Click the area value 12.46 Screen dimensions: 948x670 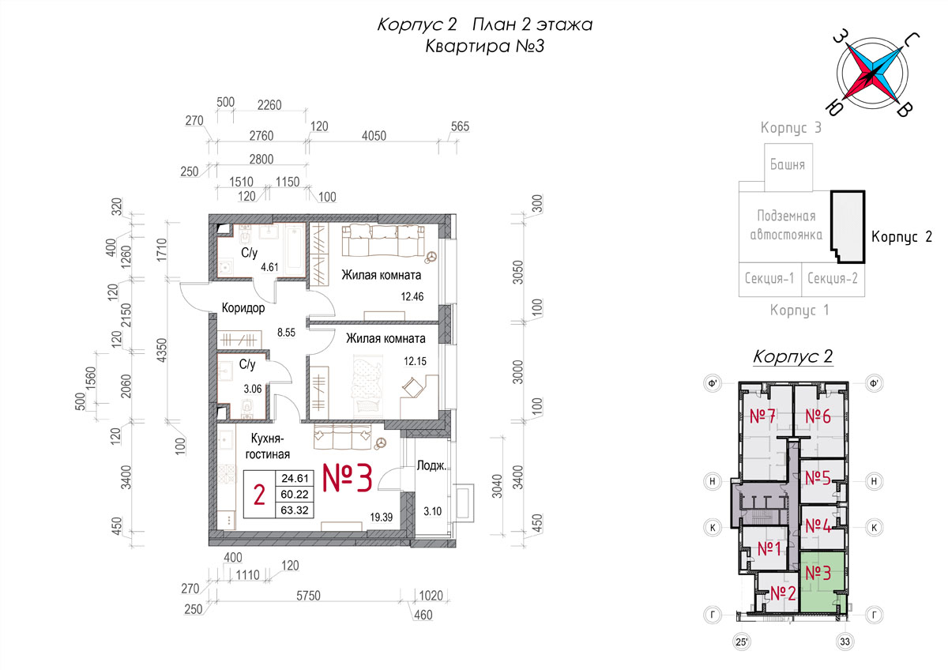tap(412, 296)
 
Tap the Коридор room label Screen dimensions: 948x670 tap(243, 307)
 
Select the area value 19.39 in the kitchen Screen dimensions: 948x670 tap(382, 517)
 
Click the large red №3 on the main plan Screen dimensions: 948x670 tap(348, 478)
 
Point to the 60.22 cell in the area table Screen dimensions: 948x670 tap(295, 494)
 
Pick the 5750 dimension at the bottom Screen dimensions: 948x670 tap(309, 596)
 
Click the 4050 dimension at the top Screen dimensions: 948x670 tap(374, 136)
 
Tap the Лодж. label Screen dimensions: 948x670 tap(431, 465)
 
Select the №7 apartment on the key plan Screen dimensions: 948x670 tap(762, 416)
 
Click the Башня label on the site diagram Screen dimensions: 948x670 tap(787, 164)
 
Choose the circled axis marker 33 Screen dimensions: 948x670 tap(845, 642)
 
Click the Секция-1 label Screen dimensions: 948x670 tap(769, 278)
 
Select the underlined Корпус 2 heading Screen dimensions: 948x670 tap(792, 356)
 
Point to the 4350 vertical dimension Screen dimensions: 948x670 tap(161, 349)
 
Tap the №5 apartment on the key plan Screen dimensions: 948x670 tap(818, 478)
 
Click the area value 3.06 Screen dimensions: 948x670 tap(253, 389)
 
